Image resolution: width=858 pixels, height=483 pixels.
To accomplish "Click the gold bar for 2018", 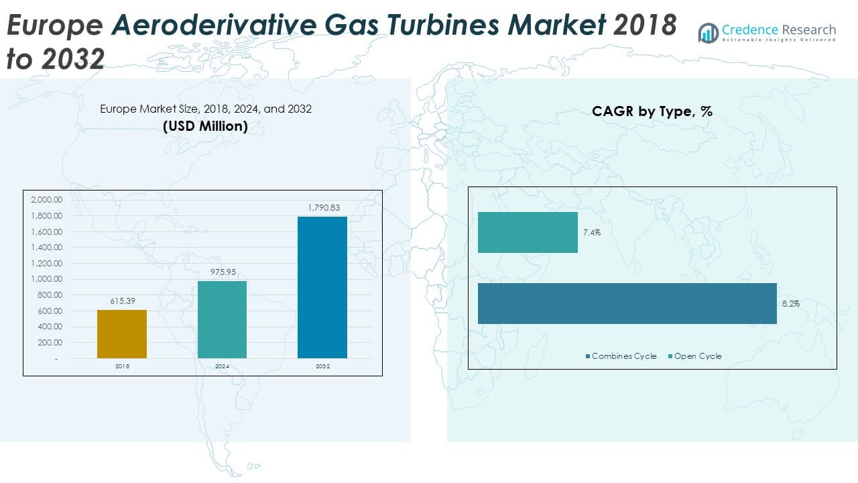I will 122,333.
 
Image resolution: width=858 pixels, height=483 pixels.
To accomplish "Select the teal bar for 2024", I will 222,319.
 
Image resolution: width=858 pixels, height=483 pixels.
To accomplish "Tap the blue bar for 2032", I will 322,287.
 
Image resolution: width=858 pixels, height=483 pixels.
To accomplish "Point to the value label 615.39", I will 122,302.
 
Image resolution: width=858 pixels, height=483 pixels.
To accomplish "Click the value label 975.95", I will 222,272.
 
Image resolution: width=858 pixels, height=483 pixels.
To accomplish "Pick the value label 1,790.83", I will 322,209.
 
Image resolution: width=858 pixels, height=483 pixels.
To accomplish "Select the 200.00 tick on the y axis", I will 48,343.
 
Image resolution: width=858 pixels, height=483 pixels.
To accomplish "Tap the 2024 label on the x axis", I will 222,367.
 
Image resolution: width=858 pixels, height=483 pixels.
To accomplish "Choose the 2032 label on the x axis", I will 322,367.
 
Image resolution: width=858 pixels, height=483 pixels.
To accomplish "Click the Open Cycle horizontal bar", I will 528,232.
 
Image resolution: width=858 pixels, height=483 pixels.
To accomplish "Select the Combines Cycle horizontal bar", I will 627,303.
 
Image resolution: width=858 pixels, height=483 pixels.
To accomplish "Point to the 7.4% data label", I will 592,233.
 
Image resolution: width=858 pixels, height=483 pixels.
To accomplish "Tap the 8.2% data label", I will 790,304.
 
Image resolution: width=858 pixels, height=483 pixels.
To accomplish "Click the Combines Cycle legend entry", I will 621,356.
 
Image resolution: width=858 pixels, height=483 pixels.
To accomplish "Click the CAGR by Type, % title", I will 652,112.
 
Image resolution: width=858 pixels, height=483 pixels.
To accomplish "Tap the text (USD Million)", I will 206,125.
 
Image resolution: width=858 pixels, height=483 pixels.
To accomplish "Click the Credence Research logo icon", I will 708,32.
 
